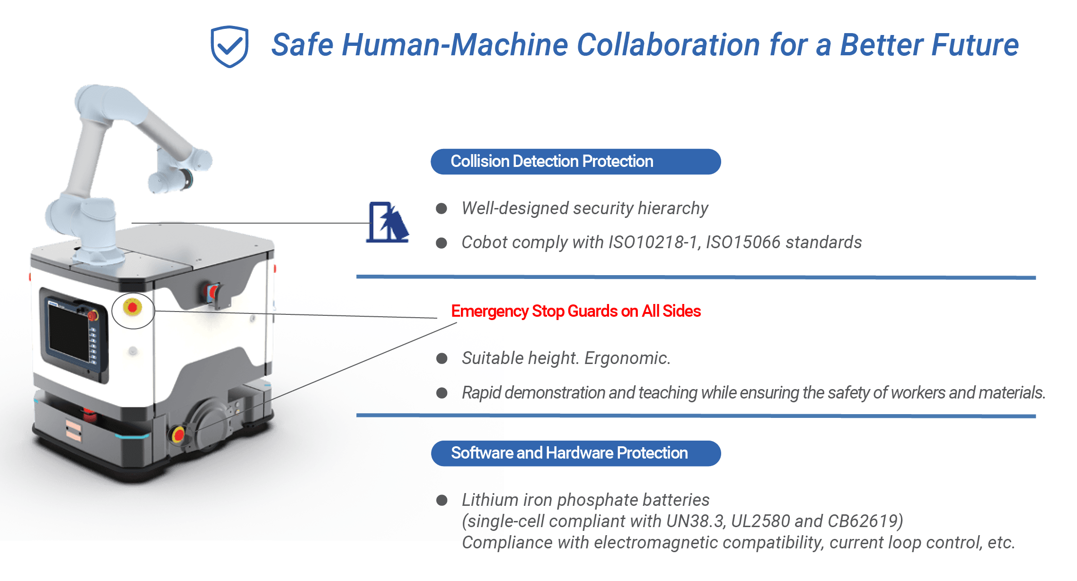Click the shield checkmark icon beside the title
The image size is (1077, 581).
230,46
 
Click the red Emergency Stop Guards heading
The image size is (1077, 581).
576,312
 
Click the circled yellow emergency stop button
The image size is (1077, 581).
132,308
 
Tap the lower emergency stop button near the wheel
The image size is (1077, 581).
179,434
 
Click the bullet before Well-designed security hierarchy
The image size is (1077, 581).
441,208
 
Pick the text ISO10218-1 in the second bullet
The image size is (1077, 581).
653,243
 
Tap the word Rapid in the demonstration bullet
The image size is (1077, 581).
481,393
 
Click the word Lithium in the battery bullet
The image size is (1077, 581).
489,500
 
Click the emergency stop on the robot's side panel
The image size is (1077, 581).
212,292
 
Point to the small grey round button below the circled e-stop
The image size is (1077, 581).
133,351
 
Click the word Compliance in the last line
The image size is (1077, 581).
507,543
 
